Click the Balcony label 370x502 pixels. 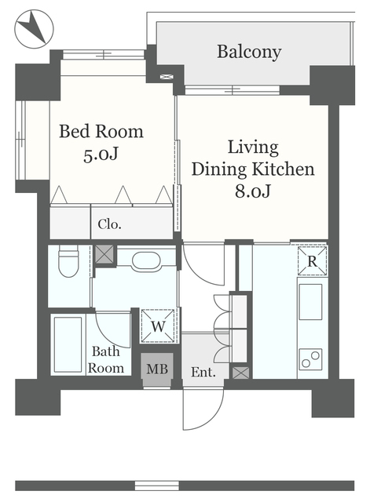(x=249, y=52)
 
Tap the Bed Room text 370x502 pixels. (x=101, y=131)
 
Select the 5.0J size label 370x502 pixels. (x=101, y=155)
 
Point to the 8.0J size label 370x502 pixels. (x=253, y=191)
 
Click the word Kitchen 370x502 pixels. (x=283, y=169)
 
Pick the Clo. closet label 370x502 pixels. (x=109, y=224)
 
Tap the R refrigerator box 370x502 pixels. (x=312, y=261)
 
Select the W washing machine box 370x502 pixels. (x=158, y=326)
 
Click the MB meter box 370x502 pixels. (x=157, y=369)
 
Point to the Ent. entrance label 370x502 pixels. (x=203, y=372)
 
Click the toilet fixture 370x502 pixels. (x=68, y=261)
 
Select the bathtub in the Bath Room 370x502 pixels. (x=68, y=344)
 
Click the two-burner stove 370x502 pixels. (x=310, y=359)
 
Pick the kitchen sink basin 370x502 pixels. (x=310, y=301)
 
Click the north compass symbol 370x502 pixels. (x=34, y=29)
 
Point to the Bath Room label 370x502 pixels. (x=106, y=360)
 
